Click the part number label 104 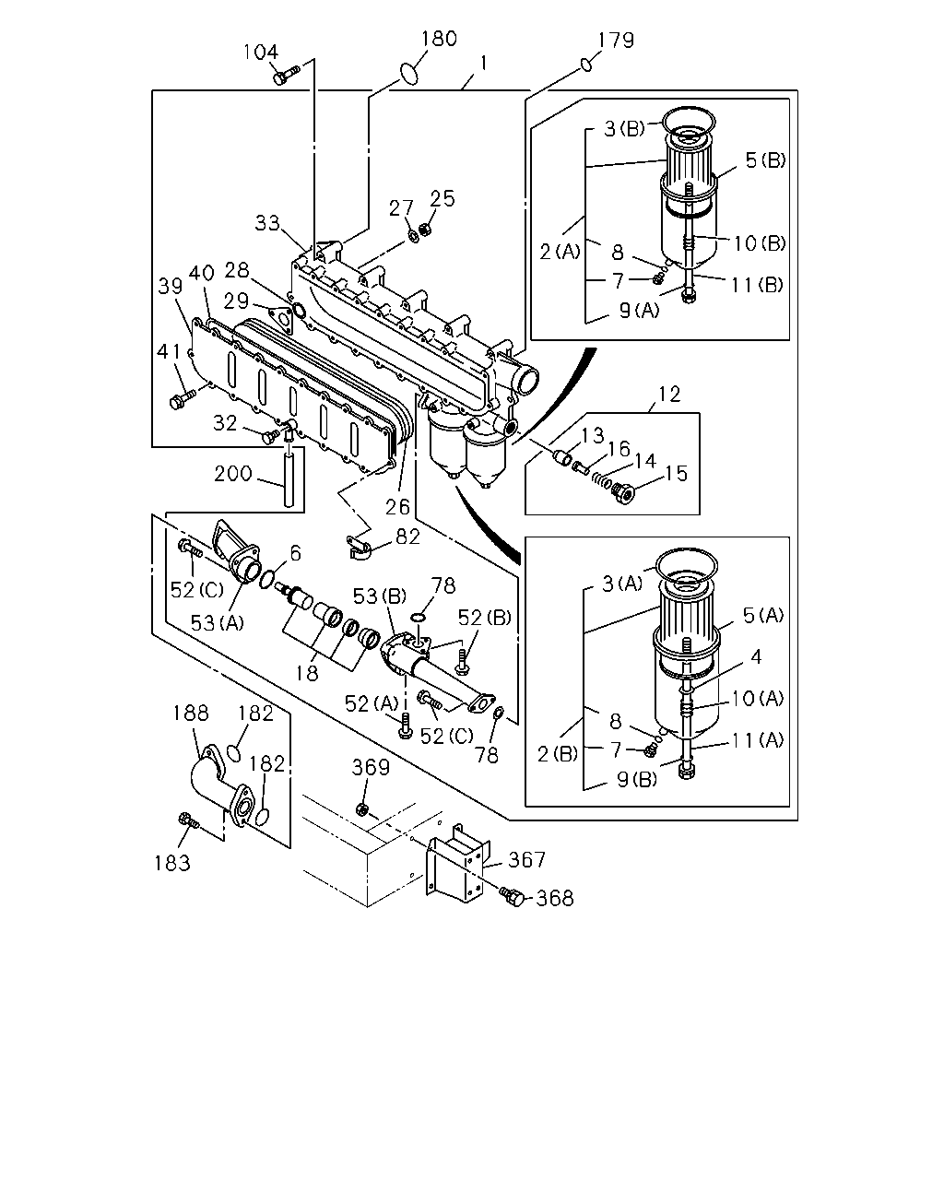(x=261, y=53)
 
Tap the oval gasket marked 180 (x=408, y=74)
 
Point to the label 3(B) (x=625, y=129)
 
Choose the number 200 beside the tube (x=233, y=473)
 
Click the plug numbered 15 (x=624, y=492)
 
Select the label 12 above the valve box (x=669, y=394)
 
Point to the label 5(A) (x=763, y=615)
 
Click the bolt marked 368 (x=514, y=897)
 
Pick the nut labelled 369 (x=362, y=808)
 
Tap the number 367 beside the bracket (x=527, y=860)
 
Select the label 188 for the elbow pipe (x=191, y=713)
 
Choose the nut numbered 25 (x=424, y=227)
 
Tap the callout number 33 (x=267, y=223)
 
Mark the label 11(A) (x=758, y=740)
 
